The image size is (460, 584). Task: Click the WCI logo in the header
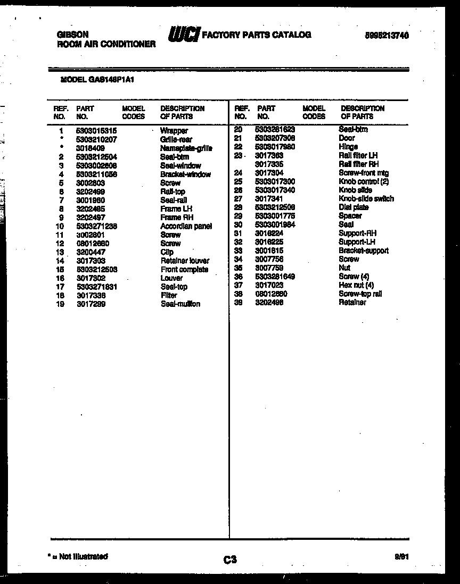coord(183,35)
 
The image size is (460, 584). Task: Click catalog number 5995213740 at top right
coord(387,36)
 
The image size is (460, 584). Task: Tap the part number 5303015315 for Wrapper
coord(96,130)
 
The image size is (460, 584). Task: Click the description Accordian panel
coord(186,226)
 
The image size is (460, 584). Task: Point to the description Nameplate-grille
coord(186,148)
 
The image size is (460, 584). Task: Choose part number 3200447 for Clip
coord(91,252)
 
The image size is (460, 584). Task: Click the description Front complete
coord(184,269)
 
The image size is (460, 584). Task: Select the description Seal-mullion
coord(180,304)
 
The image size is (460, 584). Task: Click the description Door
coord(347,138)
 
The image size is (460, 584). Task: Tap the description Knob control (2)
coord(364,181)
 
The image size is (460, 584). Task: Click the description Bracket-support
coord(363,251)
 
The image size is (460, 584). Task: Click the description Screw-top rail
coord(360,294)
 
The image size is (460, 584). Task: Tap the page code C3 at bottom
coord(229,559)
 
